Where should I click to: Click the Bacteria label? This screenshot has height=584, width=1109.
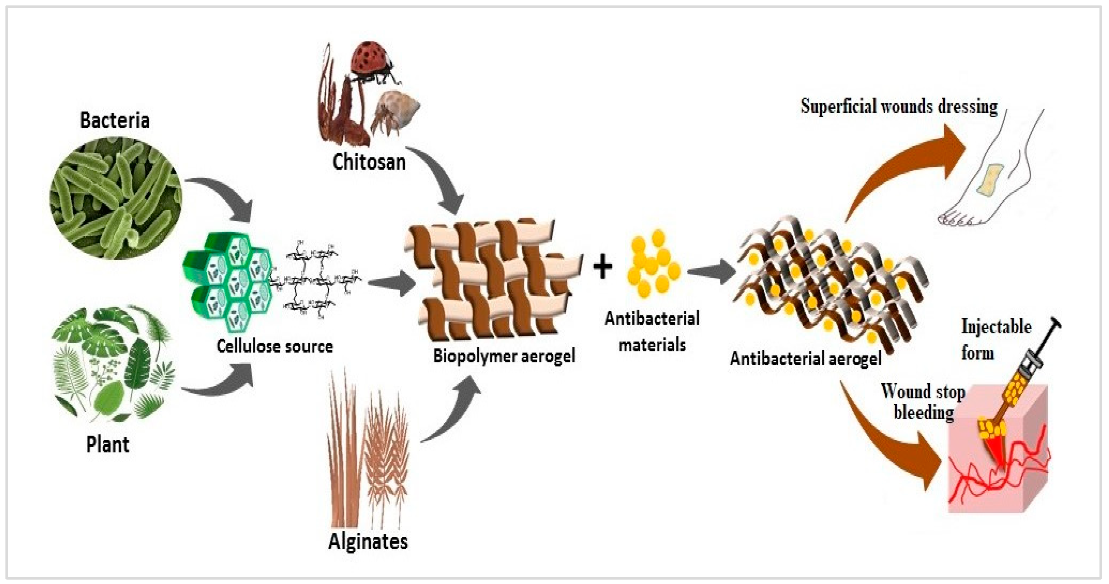point(115,120)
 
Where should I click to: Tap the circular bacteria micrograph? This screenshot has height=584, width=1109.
point(115,197)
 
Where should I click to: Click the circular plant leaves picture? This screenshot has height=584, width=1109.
point(114,364)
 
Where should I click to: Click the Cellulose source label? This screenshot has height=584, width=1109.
point(275,346)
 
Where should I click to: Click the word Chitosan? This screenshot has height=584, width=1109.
point(369,162)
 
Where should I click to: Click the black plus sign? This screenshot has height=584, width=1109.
point(602,267)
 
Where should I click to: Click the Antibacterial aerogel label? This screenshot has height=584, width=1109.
point(805,359)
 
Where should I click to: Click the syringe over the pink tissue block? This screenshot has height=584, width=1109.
point(1027,370)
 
